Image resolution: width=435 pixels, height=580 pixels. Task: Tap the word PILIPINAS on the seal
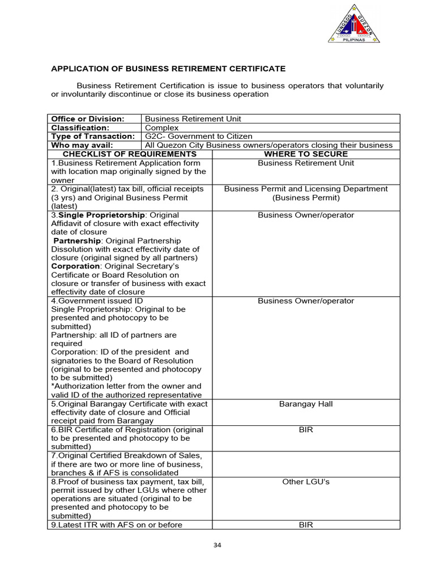354,40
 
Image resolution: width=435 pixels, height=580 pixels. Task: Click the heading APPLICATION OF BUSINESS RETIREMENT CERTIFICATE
168,69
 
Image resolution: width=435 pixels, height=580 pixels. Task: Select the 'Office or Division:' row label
88,119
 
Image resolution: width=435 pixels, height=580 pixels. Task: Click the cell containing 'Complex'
162,127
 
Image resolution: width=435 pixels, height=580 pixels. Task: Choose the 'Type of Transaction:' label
93,137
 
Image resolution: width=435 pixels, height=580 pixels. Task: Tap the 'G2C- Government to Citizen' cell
199,137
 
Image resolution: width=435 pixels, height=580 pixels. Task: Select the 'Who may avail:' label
82,145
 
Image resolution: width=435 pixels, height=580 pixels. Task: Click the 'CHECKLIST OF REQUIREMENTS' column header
130,154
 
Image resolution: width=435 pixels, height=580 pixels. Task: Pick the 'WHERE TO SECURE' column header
306,154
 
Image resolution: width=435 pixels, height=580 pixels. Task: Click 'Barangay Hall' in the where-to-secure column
306,404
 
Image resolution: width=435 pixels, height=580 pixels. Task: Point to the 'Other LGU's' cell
306,481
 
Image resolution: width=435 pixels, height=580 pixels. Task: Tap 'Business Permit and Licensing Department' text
306,189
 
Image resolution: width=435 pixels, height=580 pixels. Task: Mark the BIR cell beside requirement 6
306,430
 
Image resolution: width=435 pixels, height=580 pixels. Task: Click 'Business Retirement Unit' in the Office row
193,119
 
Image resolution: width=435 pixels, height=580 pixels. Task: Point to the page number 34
217,545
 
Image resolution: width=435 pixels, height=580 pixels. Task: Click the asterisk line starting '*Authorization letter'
126,386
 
